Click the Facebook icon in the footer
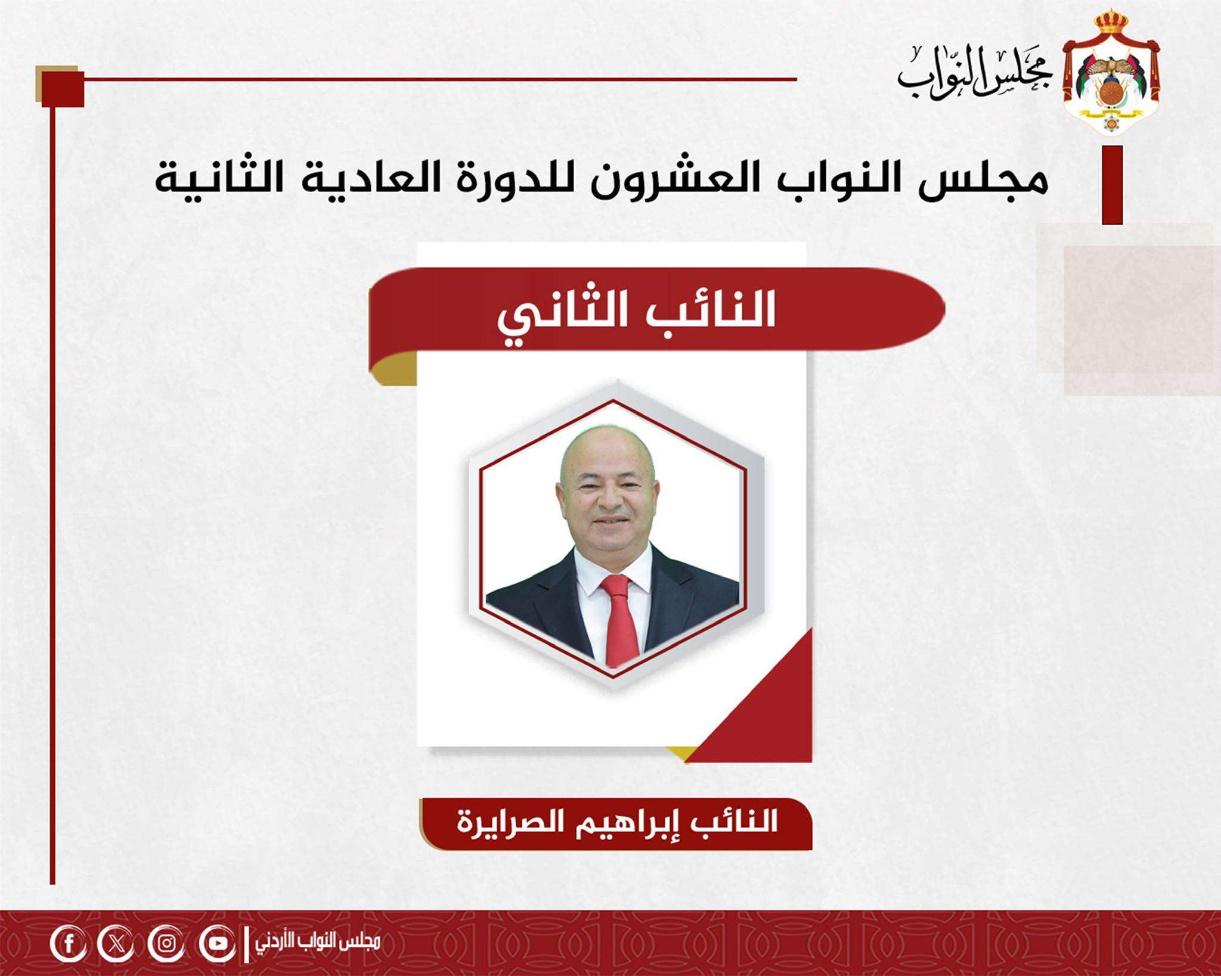click(68, 943)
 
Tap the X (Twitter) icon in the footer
click(117, 943)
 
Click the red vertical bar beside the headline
click(1112, 185)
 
